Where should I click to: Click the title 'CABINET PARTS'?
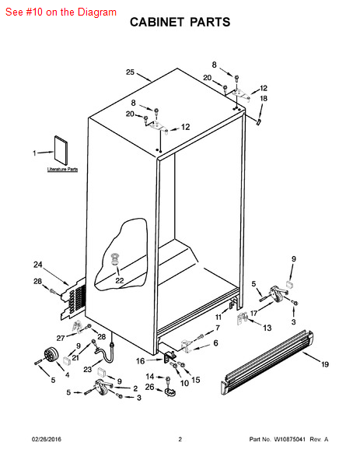(x=180, y=22)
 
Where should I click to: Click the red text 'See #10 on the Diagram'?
(x=61, y=12)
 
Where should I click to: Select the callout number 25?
(x=130, y=72)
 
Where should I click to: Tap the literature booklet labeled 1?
(x=61, y=149)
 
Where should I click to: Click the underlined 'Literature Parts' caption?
(x=62, y=170)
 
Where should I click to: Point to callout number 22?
(x=119, y=280)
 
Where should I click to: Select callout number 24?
(x=38, y=265)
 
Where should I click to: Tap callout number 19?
(x=325, y=364)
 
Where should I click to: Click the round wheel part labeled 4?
(x=51, y=355)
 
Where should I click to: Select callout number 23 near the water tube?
(x=87, y=370)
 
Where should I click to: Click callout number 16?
(x=140, y=361)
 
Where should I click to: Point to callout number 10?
(x=184, y=383)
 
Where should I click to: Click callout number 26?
(x=149, y=387)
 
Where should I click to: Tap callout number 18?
(x=264, y=98)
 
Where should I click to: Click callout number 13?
(x=267, y=328)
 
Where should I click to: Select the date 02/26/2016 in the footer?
(x=47, y=439)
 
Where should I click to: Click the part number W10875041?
(x=289, y=439)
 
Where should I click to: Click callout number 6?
(x=215, y=343)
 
